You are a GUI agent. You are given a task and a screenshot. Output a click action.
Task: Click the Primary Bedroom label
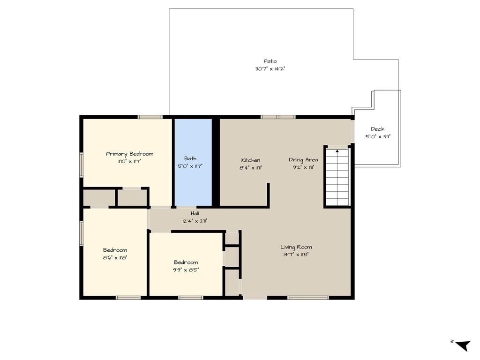[129, 154]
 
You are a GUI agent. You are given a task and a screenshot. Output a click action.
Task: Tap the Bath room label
[190, 158]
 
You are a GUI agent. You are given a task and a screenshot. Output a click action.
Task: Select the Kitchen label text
[251, 160]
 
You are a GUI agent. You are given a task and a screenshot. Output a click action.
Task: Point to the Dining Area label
[303, 160]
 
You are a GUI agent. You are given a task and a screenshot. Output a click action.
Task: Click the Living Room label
[296, 247]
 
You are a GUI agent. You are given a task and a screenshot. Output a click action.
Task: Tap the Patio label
[270, 61]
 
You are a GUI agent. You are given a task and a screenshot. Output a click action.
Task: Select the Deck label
[378, 129]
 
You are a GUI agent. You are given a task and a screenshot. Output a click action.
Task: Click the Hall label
[195, 213]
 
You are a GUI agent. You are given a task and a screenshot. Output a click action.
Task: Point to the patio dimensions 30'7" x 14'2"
[270, 69]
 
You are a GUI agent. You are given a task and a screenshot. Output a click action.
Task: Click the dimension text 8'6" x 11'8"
[115, 258]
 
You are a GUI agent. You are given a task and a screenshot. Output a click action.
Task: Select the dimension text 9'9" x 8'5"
[186, 270]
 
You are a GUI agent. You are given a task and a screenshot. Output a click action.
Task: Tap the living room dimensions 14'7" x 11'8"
[296, 255]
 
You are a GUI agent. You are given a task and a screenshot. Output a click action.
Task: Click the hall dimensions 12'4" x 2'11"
[195, 221]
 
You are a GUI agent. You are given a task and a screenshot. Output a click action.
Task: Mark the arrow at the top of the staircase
[337, 150]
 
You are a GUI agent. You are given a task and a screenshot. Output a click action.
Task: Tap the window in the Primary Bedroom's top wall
[150, 117]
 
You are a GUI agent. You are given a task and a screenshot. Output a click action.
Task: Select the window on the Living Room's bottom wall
[308, 298]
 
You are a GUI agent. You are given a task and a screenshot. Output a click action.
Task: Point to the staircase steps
[337, 177]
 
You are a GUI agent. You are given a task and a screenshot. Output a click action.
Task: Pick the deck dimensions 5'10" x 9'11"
[378, 137]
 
